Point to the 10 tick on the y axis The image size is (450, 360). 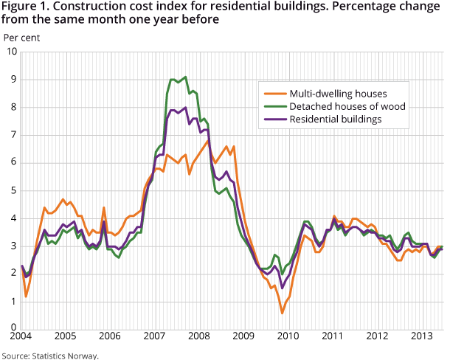coord(12,52)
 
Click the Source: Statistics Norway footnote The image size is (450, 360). coord(49,355)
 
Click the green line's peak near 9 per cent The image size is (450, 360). coord(184,77)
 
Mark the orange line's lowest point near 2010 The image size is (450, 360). coord(282,313)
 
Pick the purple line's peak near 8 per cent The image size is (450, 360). coord(184,108)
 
